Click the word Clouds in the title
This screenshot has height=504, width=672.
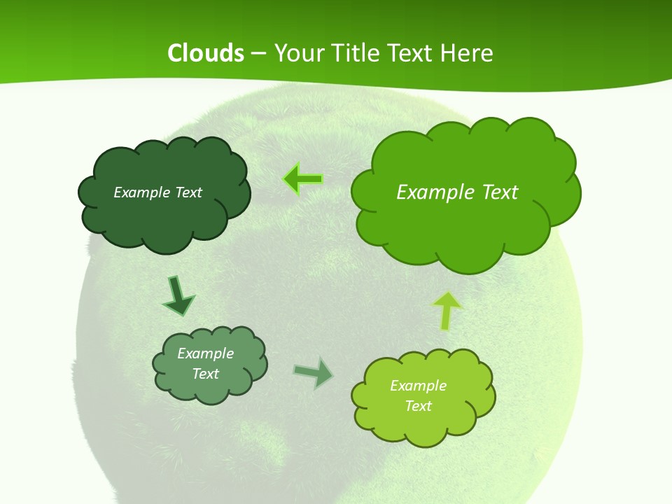coord(205,53)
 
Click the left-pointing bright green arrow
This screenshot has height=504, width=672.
coord(303,180)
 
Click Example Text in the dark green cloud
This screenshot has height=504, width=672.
coord(157,192)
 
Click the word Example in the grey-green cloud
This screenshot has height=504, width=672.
coord(205,353)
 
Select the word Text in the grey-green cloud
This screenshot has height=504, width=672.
coord(205,374)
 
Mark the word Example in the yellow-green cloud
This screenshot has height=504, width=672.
coord(418,386)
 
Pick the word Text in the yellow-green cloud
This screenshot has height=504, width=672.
coord(418,406)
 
